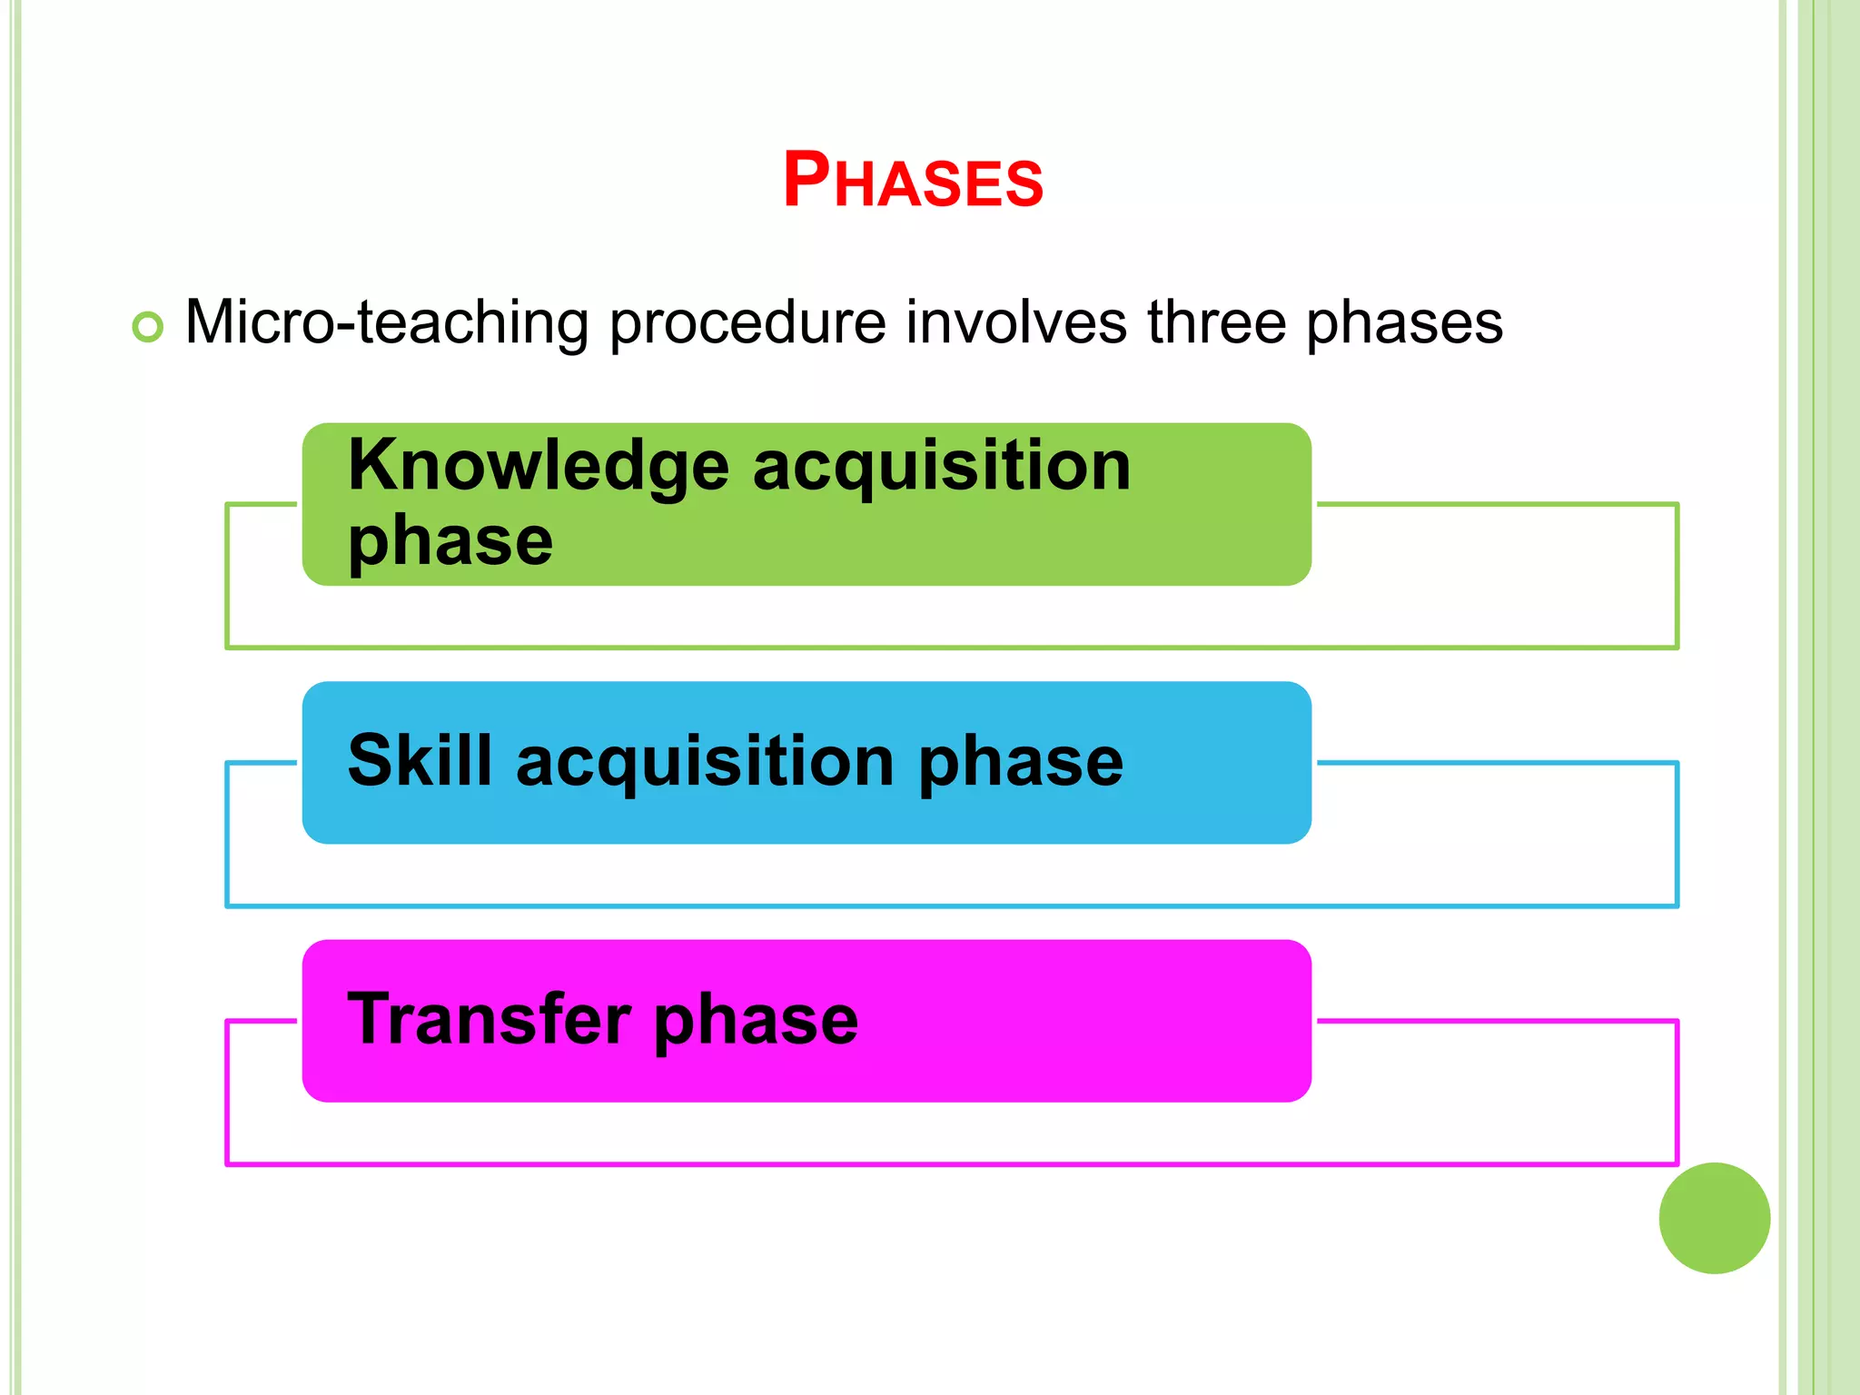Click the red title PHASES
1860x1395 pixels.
[913, 180]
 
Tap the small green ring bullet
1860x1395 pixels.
[147, 326]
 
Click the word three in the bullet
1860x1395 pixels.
[1216, 322]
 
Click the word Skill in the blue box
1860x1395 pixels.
[420, 760]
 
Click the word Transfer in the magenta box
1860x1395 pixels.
[489, 1019]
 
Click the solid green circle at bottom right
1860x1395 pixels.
[1714, 1218]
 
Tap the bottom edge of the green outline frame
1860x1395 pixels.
[951, 648]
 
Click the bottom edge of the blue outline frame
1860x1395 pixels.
[951, 905]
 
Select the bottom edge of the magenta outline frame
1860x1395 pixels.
[951, 1163]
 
